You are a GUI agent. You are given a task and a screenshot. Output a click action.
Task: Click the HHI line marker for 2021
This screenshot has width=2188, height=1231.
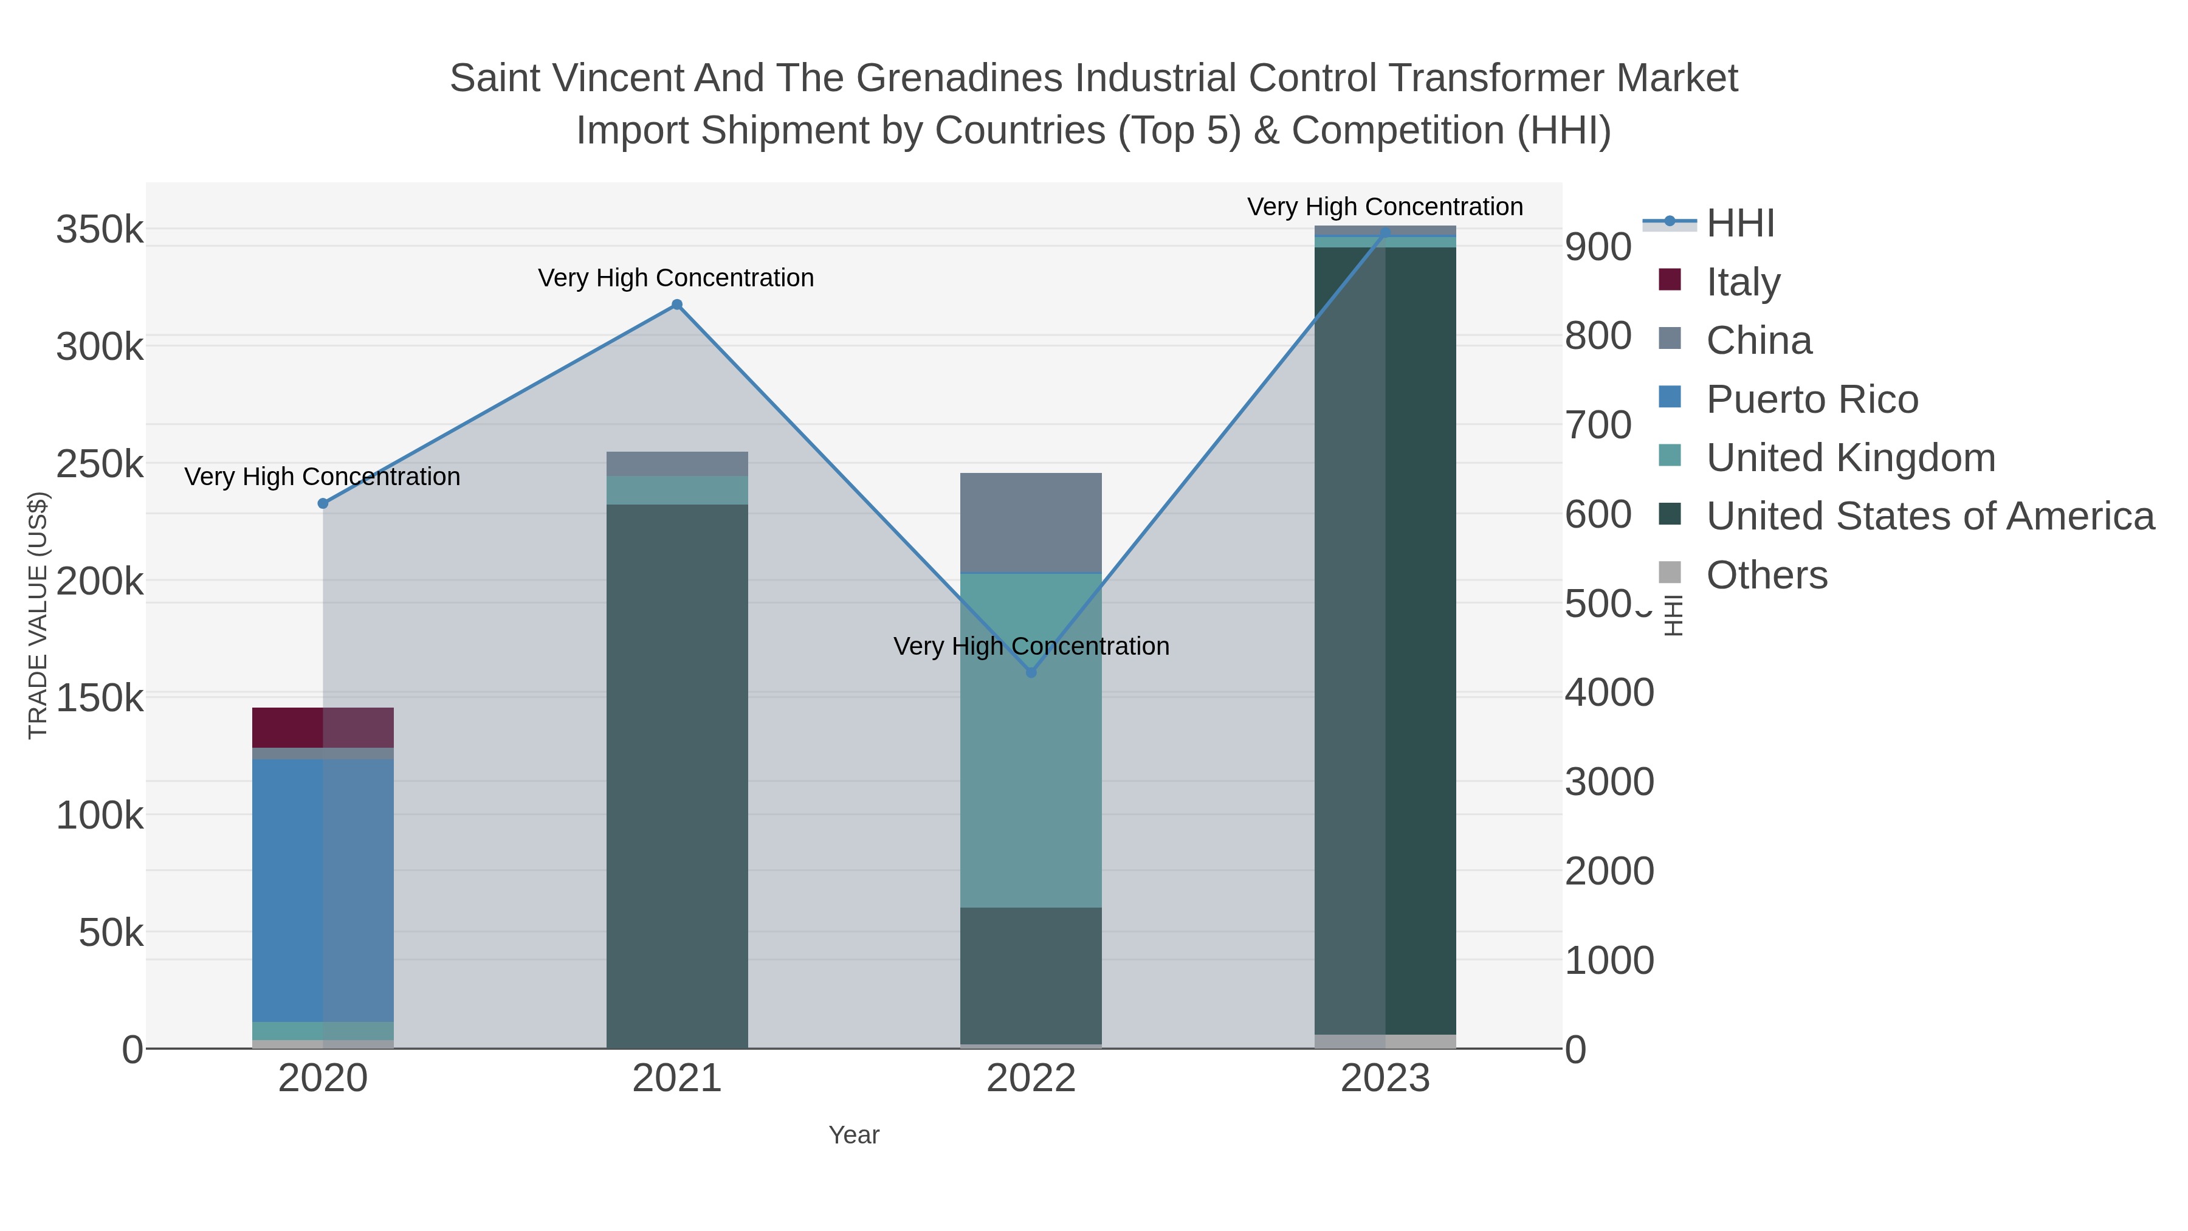(677, 305)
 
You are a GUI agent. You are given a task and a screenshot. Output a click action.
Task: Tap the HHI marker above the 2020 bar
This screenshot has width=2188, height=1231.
(323, 504)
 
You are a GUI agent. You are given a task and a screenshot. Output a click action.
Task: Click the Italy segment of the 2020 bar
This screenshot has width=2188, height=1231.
(323, 727)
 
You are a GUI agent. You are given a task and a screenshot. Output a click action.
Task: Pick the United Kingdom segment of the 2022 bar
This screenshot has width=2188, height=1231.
(1031, 740)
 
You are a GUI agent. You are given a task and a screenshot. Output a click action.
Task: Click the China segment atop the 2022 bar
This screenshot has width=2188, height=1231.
(1031, 522)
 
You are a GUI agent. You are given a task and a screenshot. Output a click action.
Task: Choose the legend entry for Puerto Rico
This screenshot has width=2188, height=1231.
(1812, 399)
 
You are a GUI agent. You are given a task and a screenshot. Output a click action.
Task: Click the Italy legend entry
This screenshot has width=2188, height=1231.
(1743, 282)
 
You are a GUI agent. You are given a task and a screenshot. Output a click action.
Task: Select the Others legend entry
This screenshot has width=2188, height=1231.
(1766, 575)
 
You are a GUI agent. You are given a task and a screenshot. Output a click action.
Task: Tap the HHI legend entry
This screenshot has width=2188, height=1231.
(1739, 224)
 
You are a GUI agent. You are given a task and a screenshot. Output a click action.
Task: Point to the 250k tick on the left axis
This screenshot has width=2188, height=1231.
(100, 464)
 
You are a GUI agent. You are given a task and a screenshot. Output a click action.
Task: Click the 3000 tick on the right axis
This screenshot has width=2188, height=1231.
(1609, 782)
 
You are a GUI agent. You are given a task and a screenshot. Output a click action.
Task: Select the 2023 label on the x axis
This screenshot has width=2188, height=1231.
(1385, 1079)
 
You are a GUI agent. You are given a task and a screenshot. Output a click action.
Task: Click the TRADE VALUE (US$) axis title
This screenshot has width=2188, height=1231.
(38, 615)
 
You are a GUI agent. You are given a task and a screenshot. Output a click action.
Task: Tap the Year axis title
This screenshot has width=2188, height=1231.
(854, 1135)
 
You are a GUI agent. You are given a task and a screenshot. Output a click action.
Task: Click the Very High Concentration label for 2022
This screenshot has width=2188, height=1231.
(1031, 647)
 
